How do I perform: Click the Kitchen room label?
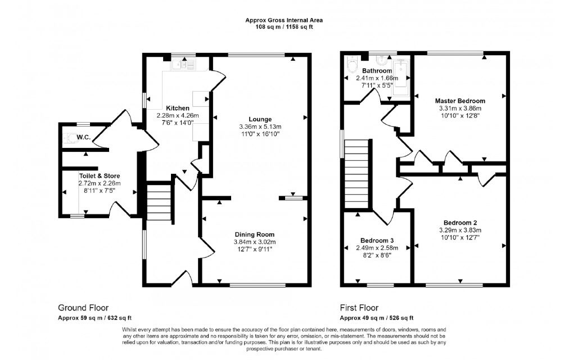tap(178, 108)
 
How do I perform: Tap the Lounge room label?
tap(260, 119)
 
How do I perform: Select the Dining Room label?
tap(255, 235)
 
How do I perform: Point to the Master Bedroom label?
tap(460, 101)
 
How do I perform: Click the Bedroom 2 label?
tap(460, 223)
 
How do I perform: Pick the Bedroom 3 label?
tap(377, 241)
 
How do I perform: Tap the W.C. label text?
tap(84, 137)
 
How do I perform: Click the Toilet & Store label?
tap(100, 176)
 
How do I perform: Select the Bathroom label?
tap(377, 71)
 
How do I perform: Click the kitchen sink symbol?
tap(183, 65)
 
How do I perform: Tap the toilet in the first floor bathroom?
tap(352, 65)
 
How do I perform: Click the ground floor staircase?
tap(159, 201)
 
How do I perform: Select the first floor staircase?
tap(357, 174)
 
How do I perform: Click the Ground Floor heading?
tap(83, 308)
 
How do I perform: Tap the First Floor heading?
tap(359, 308)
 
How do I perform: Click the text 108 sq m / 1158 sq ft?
tap(284, 26)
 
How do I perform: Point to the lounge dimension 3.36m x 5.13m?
tap(260, 127)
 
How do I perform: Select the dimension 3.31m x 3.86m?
tap(460, 109)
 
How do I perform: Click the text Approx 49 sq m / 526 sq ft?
tap(377, 318)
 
